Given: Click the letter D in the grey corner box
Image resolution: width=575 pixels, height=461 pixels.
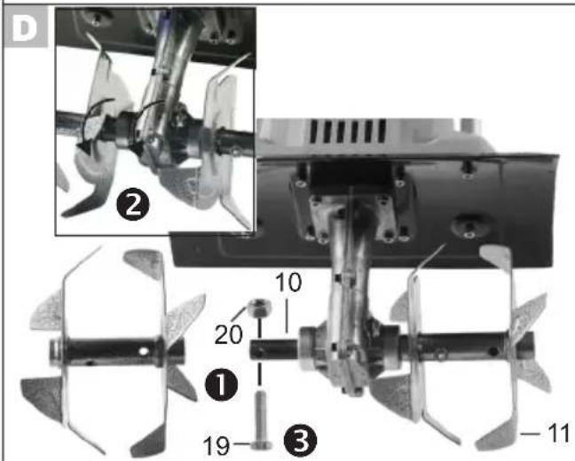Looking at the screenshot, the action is [x=25, y=27].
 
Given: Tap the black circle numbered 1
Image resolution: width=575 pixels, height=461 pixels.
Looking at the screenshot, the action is [x=221, y=385].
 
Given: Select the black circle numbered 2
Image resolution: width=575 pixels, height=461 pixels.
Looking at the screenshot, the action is [x=133, y=207].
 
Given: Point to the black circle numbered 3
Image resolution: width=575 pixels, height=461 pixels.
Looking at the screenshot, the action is [x=300, y=441].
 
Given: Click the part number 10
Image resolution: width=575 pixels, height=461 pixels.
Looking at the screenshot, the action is [x=288, y=282].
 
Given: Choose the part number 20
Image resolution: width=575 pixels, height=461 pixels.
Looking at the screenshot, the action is [x=228, y=334].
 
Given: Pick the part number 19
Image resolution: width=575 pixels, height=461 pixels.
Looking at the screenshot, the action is [x=217, y=446].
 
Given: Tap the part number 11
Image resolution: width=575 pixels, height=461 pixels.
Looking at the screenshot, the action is [x=558, y=434].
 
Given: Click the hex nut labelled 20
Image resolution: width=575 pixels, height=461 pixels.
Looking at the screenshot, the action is [x=259, y=307].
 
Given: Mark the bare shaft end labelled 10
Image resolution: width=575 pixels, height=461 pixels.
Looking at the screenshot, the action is [x=274, y=349].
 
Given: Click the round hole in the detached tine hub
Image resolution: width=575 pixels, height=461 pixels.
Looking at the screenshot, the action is [x=144, y=351].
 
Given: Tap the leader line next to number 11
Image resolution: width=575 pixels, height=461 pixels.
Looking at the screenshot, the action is [x=531, y=434].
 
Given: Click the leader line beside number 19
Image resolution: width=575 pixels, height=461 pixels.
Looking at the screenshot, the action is [x=241, y=444].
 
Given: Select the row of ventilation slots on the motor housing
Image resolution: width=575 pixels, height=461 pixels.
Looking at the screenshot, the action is [x=347, y=131].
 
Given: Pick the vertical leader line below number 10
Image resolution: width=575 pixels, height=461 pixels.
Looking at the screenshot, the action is [x=287, y=315].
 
